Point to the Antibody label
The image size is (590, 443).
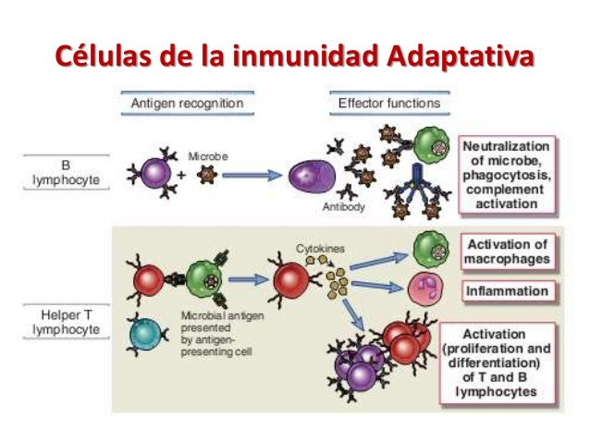[x=345, y=208]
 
